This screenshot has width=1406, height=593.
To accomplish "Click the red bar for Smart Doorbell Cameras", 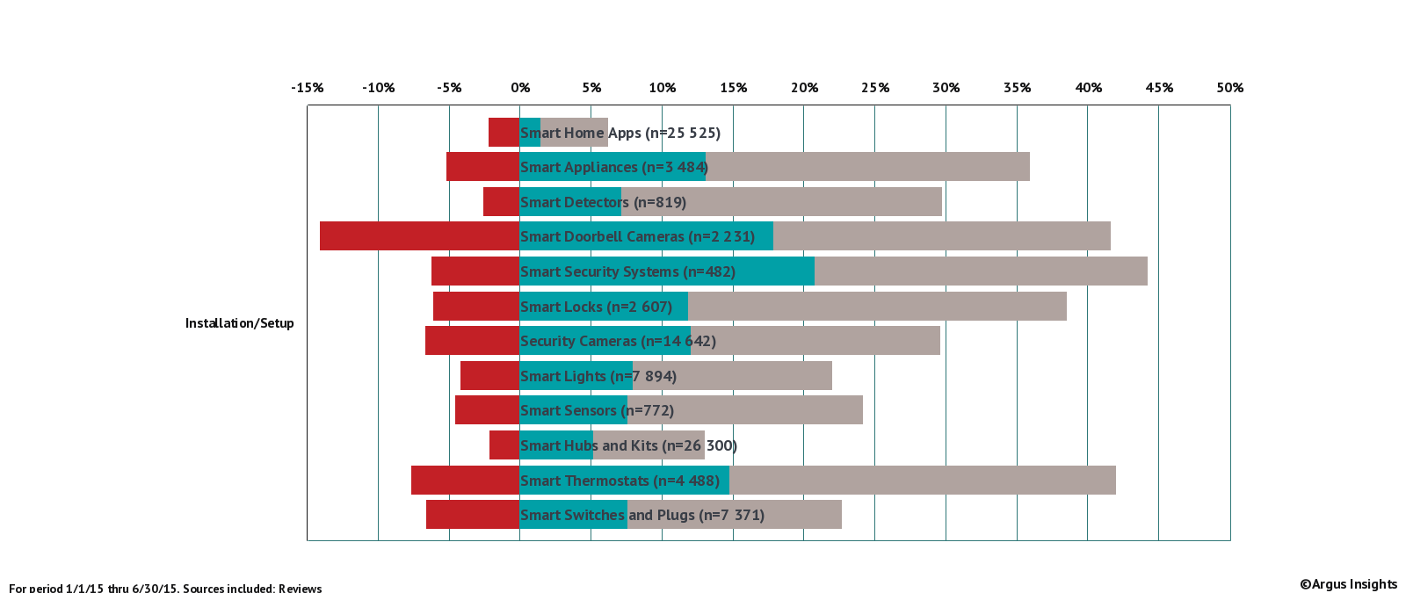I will [419, 236].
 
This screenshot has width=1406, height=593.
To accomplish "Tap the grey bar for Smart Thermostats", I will [923, 481].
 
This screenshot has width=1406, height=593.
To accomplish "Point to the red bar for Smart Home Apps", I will [504, 133].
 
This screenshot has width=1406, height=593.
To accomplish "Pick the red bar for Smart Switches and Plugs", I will [473, 515].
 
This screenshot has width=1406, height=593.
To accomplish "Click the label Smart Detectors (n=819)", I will [603, 202].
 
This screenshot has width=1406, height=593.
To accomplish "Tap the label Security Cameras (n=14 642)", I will [618, 341].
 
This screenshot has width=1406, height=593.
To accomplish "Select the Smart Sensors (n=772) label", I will [597, 410].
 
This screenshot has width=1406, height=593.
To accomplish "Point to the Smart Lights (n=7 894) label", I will [598, 376].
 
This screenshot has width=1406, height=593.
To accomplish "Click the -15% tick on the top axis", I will [308, 88].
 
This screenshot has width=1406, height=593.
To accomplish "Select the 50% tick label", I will [1230, 88].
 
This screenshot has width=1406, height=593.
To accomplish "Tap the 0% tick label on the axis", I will [520, 88].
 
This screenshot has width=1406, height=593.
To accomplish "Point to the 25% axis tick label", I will [875, 88].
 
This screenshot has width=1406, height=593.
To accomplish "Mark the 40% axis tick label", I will [1089, 88].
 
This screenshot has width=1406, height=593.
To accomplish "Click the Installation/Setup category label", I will [239, 323].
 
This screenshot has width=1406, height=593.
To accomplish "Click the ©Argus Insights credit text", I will [1348, 584].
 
